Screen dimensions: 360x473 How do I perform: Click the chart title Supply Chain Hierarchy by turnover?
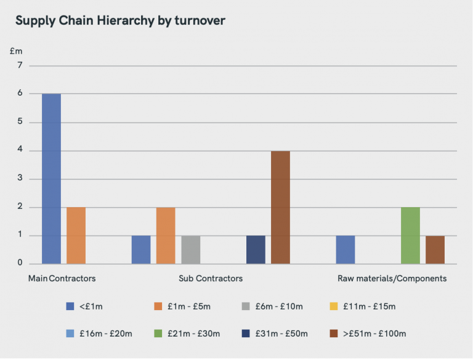tap(120, 20)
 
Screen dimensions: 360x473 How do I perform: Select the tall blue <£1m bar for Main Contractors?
tap(51, 179)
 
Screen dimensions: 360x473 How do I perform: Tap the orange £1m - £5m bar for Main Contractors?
tap(76, 235)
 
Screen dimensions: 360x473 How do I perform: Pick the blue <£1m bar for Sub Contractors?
tap(141, 250)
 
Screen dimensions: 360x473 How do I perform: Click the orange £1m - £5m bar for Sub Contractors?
tap(166, 235)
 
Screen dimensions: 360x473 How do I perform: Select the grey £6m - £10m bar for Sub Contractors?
tap(190, 250)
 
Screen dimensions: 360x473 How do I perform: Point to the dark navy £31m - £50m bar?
tap(256, 250)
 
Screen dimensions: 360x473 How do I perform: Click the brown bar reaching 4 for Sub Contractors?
tap(280, 207)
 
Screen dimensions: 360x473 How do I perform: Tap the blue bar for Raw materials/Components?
tap(346, 250)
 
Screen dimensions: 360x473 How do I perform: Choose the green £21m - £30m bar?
tap(410, 235)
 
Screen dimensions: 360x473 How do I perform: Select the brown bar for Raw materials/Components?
tap(435, 250)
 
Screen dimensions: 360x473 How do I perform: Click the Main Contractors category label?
tap(62, 279)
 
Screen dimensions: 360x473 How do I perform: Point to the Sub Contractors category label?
tap(211, 279)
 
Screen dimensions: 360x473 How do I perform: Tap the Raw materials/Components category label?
tap(392, 279)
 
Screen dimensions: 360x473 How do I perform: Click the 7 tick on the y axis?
tap(20, 65)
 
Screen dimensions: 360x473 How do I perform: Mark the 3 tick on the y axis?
tap(20, 179)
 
